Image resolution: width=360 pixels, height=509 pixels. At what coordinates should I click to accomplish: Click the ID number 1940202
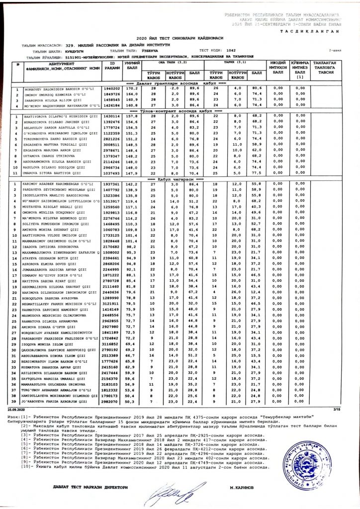[x=112, y=88]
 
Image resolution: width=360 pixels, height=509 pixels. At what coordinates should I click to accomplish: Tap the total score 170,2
[x=131, y=88]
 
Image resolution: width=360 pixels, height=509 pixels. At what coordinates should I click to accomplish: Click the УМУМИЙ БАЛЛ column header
[x=131, y=67]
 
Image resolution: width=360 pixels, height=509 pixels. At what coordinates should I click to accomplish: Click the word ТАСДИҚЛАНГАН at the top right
[x=315, y=30]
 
